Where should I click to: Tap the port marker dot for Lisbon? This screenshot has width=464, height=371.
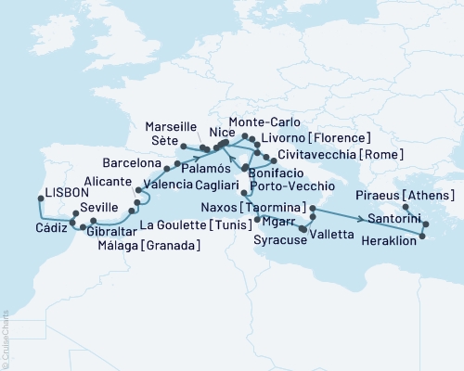pyautogui.click(x=38, y=198)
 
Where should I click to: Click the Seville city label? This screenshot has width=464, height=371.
pyautogui.click(x=76, y=207)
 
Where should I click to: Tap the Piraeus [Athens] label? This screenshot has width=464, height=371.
pyautogui.click(x=415, y=196)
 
